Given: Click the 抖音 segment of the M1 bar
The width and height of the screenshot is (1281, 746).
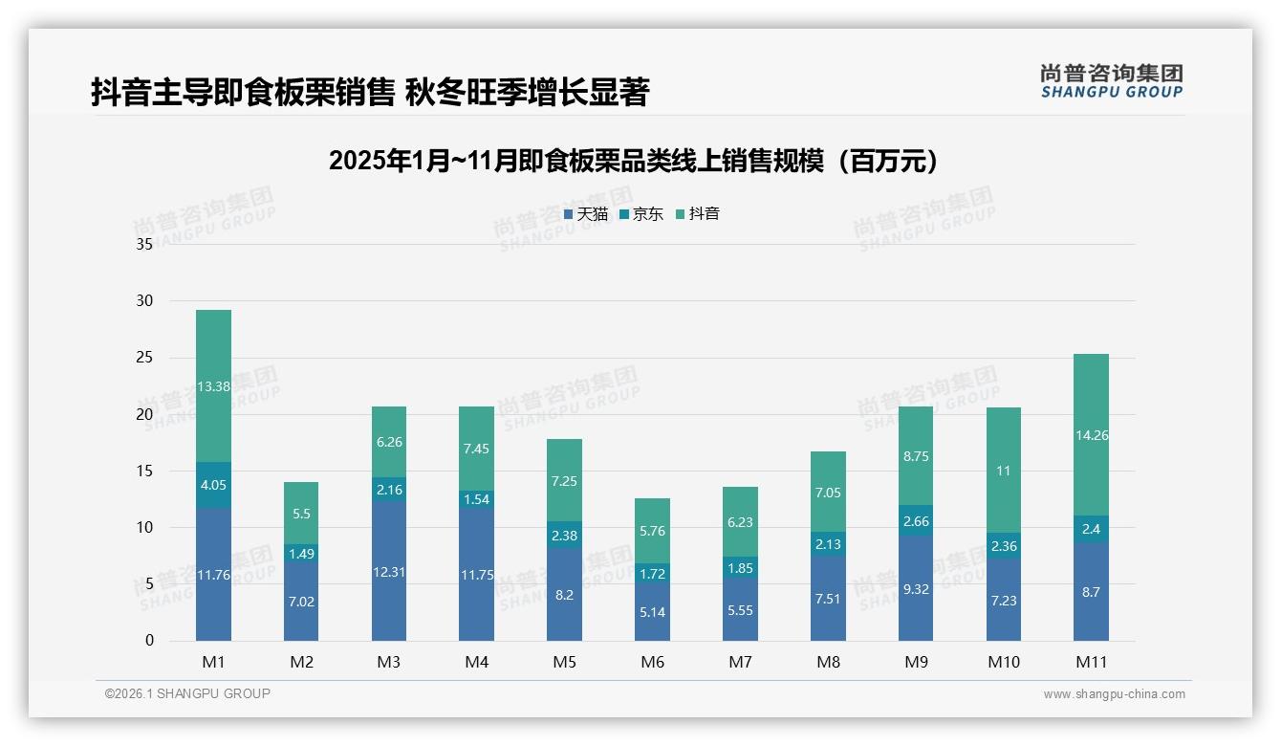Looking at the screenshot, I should click(213, 385).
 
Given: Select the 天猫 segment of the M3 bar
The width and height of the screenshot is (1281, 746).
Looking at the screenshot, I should click(389, 571).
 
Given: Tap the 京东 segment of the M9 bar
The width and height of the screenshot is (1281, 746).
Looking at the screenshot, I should click(915, 521).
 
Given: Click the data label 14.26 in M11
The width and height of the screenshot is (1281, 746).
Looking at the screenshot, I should click(1091, 435).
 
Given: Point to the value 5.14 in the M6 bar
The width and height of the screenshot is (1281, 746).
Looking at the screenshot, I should click(652, 612).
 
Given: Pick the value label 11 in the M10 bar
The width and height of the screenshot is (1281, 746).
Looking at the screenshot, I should click(1003, 471).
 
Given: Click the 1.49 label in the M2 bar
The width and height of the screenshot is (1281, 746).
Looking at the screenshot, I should click(301, 554).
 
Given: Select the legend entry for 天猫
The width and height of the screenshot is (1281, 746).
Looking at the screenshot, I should click(585, 214).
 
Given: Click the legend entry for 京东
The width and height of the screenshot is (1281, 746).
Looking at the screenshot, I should click(640, 214).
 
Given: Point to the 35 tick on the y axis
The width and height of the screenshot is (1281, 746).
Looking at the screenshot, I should click(144, 244).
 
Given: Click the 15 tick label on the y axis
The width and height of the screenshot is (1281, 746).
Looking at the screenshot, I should click(144, 471).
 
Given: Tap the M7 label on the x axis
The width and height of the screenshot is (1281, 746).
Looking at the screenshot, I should click(740, 662).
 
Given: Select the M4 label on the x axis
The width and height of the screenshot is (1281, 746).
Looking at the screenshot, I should click(476, 662).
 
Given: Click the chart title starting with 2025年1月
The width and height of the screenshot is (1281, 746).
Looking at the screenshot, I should click(633, 161).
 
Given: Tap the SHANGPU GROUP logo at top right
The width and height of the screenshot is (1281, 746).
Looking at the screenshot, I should click(1111, 81).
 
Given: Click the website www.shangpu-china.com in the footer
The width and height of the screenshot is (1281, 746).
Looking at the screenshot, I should click(1114, 694).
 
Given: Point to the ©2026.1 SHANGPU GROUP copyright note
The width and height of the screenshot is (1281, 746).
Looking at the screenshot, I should click(187, 693).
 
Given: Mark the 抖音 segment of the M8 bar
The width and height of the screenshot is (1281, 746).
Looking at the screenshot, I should click(828, 492).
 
